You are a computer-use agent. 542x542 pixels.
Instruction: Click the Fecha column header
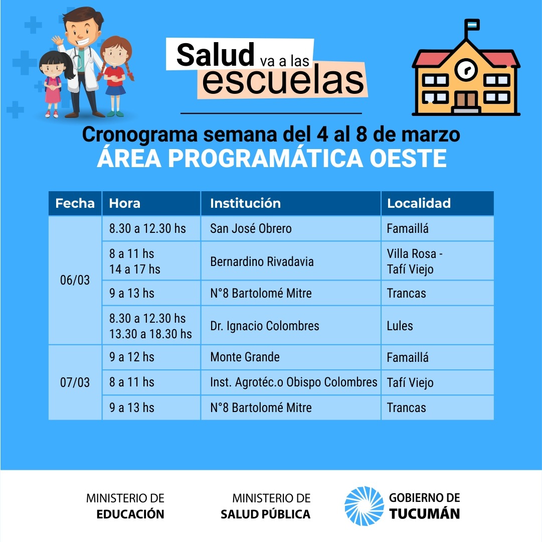(x=75, y=203)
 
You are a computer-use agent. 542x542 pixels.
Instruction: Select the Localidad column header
(x=437, y=203)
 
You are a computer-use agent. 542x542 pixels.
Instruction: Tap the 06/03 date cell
(x=75, y=280)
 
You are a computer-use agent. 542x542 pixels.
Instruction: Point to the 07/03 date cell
(x=75, y=382)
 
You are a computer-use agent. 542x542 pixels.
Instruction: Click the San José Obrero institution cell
(x=291, y=229)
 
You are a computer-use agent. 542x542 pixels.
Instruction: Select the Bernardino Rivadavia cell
(x=291, y=261)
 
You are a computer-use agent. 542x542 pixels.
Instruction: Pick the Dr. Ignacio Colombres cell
(x=291, y=326)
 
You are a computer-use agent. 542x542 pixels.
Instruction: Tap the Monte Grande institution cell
(x=291, y=357)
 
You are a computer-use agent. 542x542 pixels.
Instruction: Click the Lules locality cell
(x=437, y=326)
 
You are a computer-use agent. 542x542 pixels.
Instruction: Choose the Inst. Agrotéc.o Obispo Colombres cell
(x=291, y=382)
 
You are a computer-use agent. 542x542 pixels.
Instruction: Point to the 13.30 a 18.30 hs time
(x=150, y=334)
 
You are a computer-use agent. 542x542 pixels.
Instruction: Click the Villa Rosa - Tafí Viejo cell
(x=437, y=261)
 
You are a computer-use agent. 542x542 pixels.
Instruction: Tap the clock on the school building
(x=466, y=70)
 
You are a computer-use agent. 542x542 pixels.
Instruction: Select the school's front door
(x=466, y=100)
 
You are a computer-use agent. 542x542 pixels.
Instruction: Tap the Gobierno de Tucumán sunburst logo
(x=364, y=506)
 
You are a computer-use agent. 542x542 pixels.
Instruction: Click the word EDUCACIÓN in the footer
(x=130, y=514)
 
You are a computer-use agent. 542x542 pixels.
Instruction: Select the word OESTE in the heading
(x=408, y=159)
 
